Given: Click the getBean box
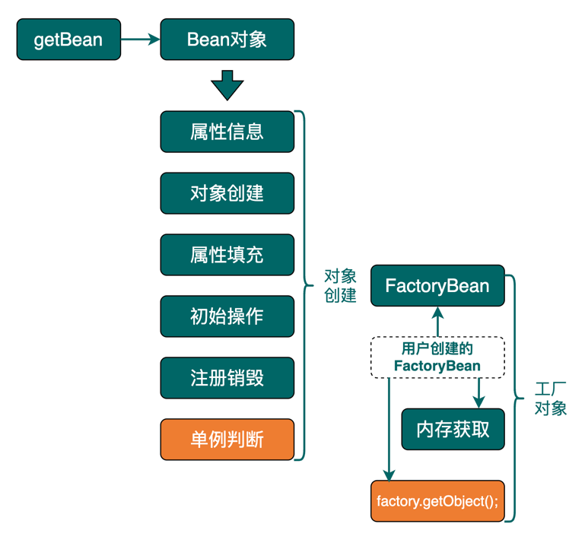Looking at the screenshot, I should click(x=68, y=40).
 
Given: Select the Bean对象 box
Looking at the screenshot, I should click(x=227, y=40).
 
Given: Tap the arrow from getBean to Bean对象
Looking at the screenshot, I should click(x=140, y=40).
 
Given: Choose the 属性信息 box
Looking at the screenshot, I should click(x=227, y=132).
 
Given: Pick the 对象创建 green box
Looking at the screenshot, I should click(x=227, y=193).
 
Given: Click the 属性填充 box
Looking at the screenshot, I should click(x=227, y=255).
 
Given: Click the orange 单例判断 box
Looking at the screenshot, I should click(x=227, y=440).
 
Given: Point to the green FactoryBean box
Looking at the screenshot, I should click(x=437, y=286).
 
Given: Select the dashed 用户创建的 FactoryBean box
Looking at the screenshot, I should click(x=437, y=357).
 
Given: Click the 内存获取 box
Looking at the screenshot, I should click(x=453, y=430).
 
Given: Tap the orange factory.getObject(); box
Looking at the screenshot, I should click(x=437, y=501).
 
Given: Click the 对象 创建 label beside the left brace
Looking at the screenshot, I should click(x=340, y=286).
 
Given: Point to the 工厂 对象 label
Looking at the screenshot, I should click(x=550, y=399).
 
